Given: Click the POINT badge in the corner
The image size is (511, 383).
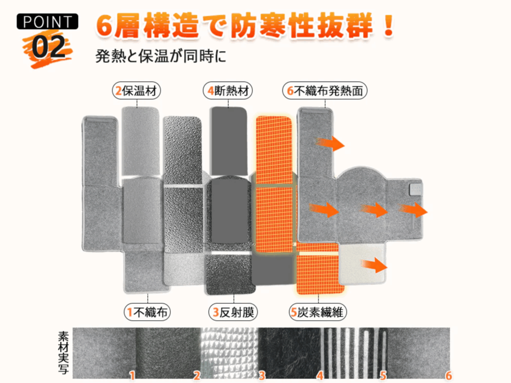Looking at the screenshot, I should click(x=47, y=22).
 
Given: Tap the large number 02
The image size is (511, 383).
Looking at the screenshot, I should click(x=48, y=47).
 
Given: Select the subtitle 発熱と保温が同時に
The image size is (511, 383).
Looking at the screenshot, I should click(x=161, y=55).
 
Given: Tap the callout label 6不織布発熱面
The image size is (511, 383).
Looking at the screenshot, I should click(x=325, y=91).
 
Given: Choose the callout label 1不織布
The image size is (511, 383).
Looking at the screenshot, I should click(x=148, y=312).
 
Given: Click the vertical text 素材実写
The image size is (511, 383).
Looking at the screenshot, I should click(x=63, y=353).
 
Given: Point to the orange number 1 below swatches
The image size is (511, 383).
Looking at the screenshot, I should click(x=132, y=375).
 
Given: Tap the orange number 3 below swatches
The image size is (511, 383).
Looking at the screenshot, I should click(x=261, y=375).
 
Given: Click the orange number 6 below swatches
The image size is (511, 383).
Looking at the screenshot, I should click(x=448, y=375).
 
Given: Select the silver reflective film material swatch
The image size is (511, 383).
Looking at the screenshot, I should click(x=230, y=351).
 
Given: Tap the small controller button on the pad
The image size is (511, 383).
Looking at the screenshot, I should click(x=416, y=190).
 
